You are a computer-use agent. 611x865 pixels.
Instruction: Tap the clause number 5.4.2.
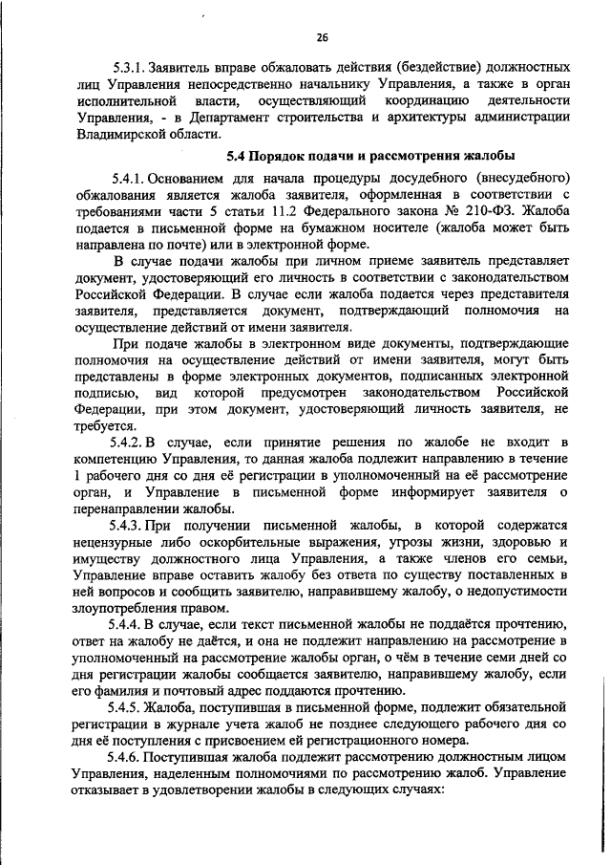(130, 443)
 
